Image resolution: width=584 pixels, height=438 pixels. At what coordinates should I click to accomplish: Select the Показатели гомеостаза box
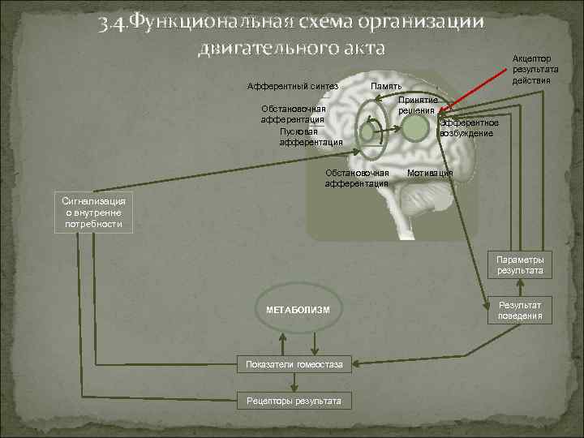(295, 364)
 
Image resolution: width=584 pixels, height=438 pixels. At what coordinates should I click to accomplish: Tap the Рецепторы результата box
(295, 401)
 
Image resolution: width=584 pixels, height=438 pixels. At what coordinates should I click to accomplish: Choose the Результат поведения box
(520, 310)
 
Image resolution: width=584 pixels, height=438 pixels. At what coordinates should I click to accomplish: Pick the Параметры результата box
(520, 264)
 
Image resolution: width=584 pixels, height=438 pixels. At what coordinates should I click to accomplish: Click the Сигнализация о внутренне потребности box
(93, 212)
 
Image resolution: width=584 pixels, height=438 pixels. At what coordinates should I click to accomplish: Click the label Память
(386, 86)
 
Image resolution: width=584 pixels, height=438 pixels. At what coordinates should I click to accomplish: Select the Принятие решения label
(417, 105)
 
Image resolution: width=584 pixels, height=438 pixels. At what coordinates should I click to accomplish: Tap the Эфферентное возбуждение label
(467, 127)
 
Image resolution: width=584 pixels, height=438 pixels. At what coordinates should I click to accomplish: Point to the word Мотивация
(431, 174)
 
